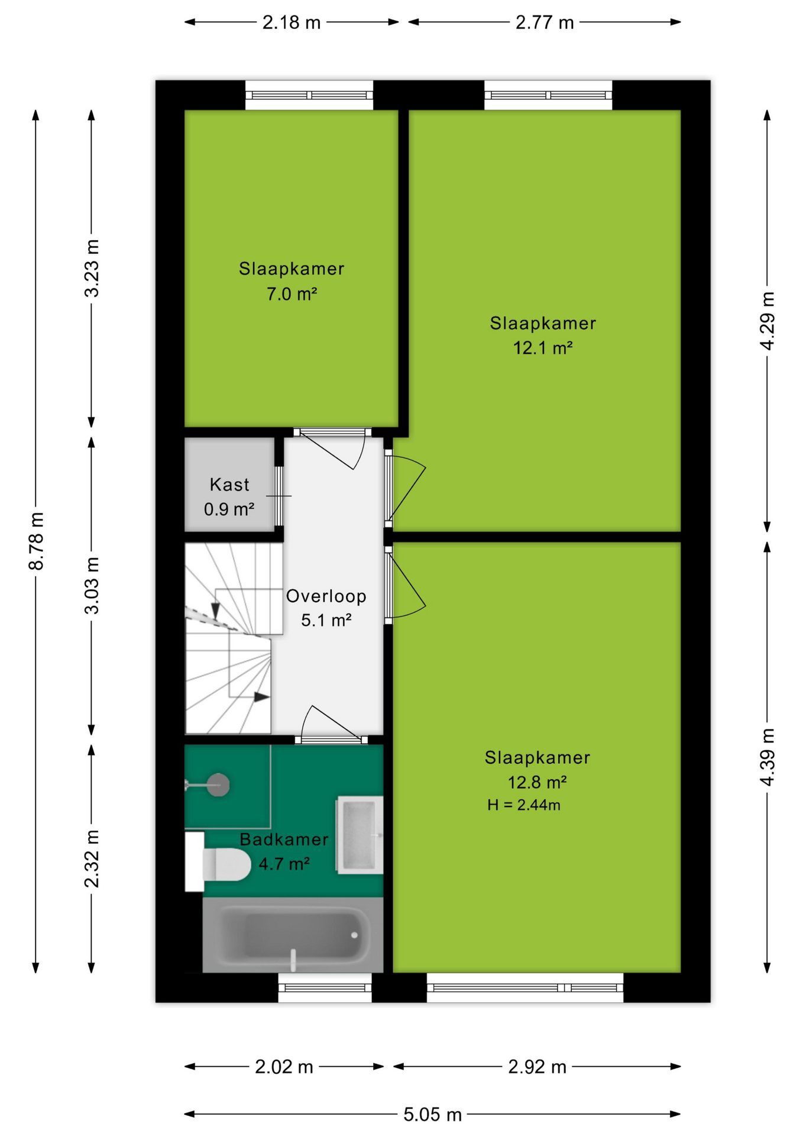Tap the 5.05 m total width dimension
(x=432, y=1115)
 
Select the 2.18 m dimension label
(x=292, y=22)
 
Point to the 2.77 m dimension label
(x=545, y=22)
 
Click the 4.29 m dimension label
(x=767, y=321)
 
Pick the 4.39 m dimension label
(x=767, y=757)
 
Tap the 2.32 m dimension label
(x=92, y=859)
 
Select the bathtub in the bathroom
(x=293, y=935)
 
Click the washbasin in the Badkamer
(x=360, y=835)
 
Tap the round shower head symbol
(x=218, y=785)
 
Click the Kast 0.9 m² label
(x=229, y=497)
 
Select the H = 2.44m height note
(x=524, y=805)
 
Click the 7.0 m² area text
(x=292, y=294)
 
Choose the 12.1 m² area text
(x=543, y=348)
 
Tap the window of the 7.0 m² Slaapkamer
(x=309, y=95)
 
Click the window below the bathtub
(x=325, y=987)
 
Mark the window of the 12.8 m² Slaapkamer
(x=525, y=987)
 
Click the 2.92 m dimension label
(x=537, y=1067)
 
